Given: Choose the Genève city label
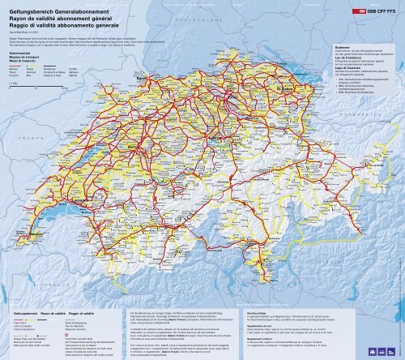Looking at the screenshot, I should click(30, 258).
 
